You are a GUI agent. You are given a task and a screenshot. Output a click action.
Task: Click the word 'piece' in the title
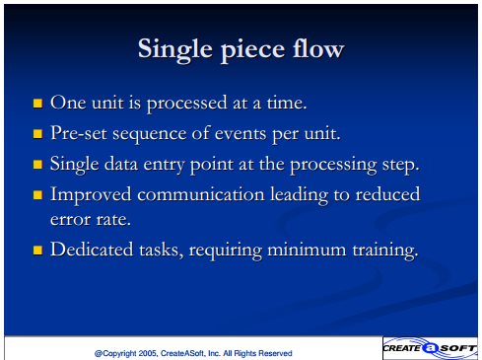252,50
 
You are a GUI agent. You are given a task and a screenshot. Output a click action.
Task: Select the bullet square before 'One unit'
37,104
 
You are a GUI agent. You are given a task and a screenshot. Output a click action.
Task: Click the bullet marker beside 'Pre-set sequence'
37,134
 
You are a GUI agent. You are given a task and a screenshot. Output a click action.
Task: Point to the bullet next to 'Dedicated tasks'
37,251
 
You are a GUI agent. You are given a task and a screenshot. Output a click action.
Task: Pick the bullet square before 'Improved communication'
37,195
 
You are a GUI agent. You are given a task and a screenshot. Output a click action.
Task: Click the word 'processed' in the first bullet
186,104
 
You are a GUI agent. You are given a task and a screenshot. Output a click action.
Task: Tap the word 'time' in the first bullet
287,103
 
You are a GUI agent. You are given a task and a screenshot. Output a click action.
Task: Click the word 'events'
241,134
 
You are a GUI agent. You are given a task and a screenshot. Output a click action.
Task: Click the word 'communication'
201,194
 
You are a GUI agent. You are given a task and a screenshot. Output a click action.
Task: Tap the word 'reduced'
388,193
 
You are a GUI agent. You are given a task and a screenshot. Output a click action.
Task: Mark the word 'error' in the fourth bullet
70,220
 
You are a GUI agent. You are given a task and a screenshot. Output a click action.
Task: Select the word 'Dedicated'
92,250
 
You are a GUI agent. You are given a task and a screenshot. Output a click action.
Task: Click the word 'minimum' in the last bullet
307,250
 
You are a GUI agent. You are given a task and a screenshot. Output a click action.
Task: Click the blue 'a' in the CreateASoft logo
430,348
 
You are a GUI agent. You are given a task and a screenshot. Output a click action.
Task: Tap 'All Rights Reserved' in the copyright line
257,353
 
